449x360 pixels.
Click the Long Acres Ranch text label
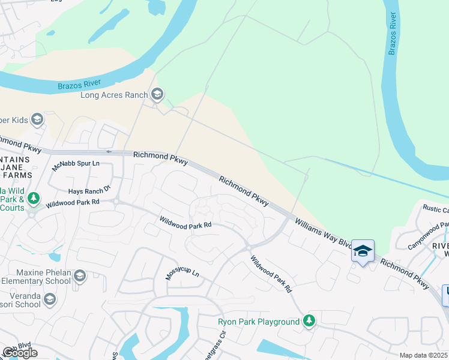point(114,95)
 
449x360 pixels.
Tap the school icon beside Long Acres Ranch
point(157,94)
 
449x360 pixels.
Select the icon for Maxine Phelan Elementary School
point(79,276)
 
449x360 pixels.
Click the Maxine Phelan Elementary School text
point(36,276)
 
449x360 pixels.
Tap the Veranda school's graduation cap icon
point(49,299)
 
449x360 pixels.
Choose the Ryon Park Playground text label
point(259,322)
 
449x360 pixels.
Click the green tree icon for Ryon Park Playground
point(309,322)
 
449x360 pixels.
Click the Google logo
point(20,352)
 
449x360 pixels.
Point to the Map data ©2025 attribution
point(424,355)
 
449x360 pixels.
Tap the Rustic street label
point(436,209)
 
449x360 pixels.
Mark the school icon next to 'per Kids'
point(37,120)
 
